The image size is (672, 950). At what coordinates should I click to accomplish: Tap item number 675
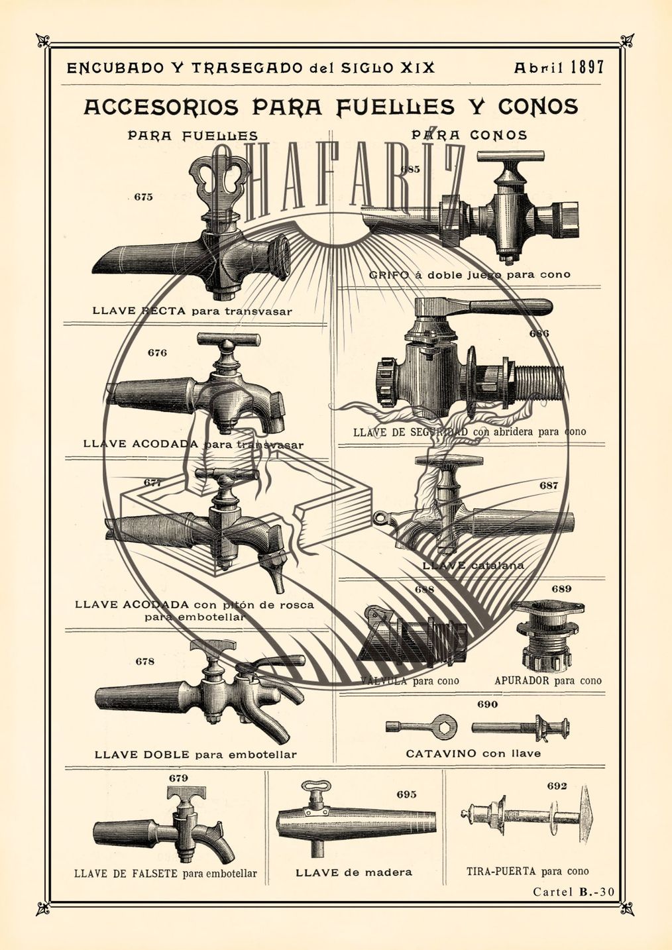[143, 197]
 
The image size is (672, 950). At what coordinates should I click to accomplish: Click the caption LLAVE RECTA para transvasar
[192, 311]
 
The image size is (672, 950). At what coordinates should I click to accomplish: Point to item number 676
[157, 352]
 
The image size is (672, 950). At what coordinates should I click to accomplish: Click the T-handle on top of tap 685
[511, 157]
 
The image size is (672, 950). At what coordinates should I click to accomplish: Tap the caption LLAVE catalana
[473, 566]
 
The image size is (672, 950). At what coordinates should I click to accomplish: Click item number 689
[561, 588]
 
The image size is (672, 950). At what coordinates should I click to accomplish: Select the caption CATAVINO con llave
[473, 753]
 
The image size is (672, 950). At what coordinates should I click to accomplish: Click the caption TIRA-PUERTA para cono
[527, 871]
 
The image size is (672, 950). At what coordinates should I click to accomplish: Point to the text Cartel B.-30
[573, 892]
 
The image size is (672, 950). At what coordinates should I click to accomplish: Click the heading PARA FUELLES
[192, 136]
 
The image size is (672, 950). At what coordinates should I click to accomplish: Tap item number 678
[144, 661]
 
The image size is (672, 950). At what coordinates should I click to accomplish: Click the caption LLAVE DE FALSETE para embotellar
[165, 873]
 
